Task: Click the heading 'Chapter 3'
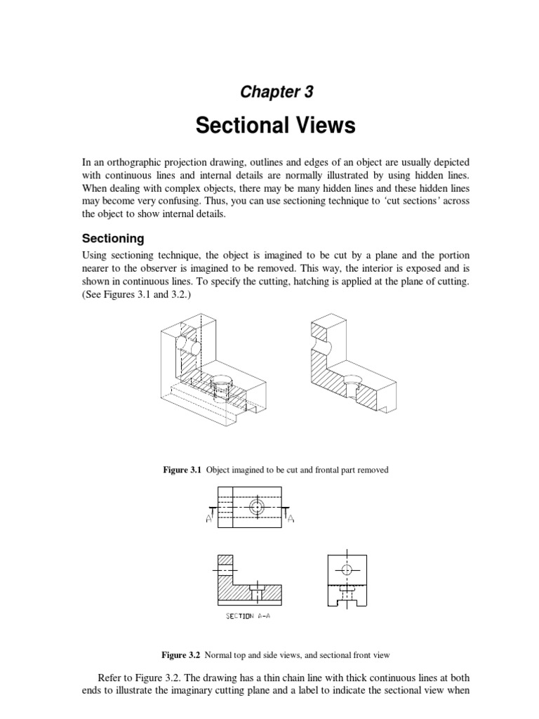[x=276, y=91]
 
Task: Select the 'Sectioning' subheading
[x=113, y=238]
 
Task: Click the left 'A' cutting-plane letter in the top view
[x=210, y=519]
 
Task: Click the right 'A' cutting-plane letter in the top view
[x=291, y=519]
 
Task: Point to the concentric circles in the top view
[x=258, y=506]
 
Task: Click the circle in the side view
[x=346, y=569]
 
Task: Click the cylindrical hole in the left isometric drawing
[x=189, y=347]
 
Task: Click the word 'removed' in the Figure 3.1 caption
[x=373, y=470]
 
